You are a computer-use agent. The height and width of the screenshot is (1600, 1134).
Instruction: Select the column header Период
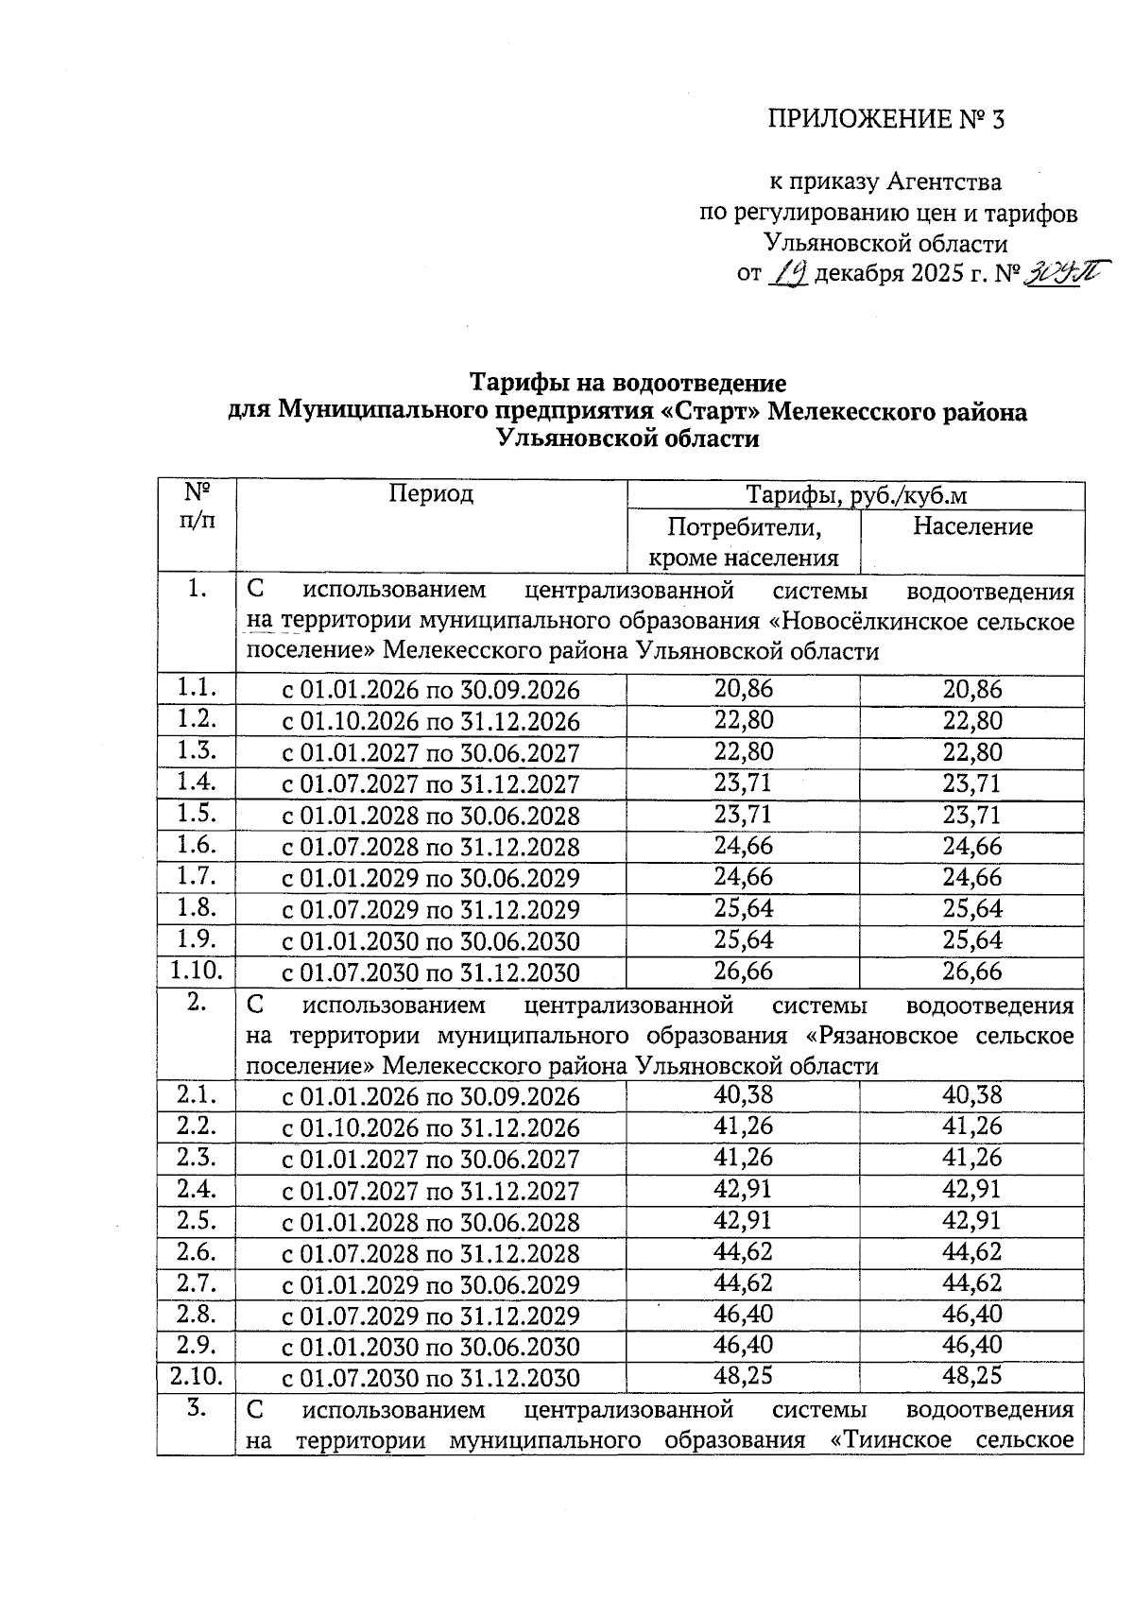pos(431,493)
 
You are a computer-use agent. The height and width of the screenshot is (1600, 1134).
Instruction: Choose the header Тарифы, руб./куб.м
pos(856,495)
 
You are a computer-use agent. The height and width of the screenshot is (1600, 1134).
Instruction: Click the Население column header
pos(972,526)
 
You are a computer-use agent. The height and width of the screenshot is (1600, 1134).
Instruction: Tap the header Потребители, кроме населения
pos(743,542)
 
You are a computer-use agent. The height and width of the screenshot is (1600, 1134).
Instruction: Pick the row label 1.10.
pos(196,970)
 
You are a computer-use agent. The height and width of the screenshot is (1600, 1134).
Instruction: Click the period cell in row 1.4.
pos(431,784)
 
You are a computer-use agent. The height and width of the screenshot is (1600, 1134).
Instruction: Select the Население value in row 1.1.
pos(972,690)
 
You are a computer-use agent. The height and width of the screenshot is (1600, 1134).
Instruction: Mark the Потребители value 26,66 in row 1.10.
pos(743,971)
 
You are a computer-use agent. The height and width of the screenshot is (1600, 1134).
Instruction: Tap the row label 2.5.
pos(196,1220)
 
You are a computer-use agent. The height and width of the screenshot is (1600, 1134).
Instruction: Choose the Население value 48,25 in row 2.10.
pos(972,1375)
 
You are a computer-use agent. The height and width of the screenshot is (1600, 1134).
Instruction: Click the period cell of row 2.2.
pos(431,1128)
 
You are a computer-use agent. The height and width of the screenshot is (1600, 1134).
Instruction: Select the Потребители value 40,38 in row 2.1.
pos(743,1095)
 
